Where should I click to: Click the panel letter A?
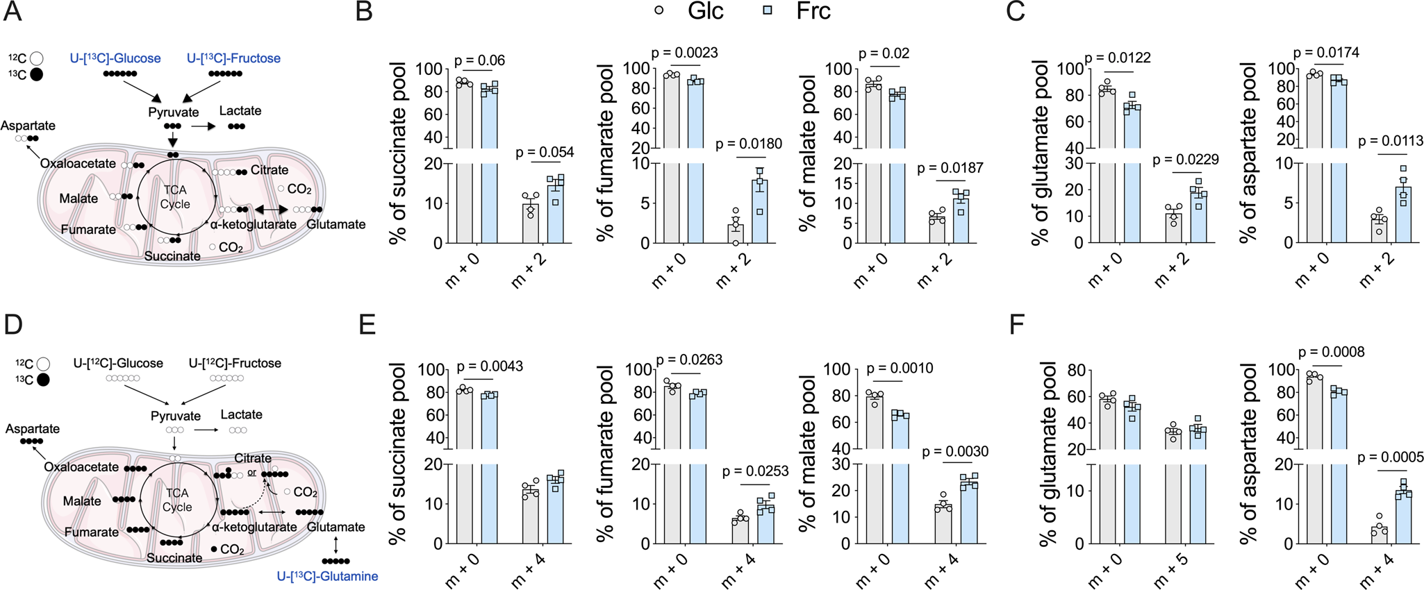click(13, 12)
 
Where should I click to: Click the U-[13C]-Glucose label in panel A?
click(115, 58)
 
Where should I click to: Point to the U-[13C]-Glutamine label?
click(327, 576)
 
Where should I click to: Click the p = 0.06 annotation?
click(479, 60)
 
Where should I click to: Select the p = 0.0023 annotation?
click(685, 53)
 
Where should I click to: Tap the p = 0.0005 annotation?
click(1390, 457)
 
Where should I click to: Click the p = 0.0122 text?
click(1118, 58)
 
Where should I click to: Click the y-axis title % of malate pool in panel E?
click(808, 453)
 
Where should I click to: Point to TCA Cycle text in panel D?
click(176, 500)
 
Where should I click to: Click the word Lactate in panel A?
click(240, 110)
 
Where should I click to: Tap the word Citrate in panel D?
click(253, 458)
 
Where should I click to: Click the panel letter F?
click(1016, 324)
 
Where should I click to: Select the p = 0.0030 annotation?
click(955, 452)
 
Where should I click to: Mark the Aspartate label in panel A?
click(28, 126)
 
